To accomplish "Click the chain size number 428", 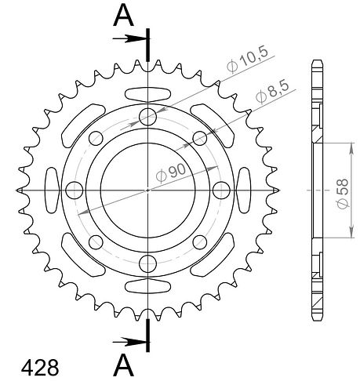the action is [40, 368].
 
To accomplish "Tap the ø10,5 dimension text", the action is [247, 60].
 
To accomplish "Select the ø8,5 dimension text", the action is [272, 92].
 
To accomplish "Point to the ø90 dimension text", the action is [170, 172].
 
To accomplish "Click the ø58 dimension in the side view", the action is [343, 194].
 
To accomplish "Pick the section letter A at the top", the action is [123, 16].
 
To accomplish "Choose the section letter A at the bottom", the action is [123, 366].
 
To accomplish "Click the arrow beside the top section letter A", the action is [129, 39].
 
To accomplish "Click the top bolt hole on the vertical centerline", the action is [147, 117].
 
